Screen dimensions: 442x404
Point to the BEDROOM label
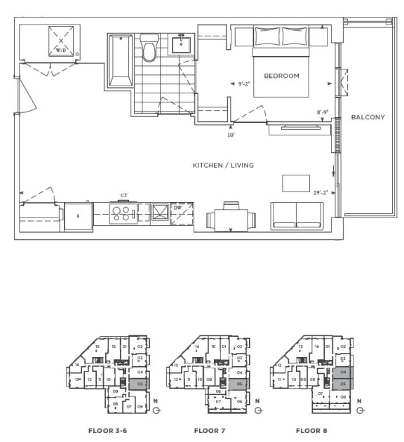(x=281, y=76)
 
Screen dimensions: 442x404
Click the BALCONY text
(x=368, y=117)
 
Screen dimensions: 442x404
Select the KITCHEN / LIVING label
(x=223, y=166)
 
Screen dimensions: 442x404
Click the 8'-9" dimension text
(x=323, y=112)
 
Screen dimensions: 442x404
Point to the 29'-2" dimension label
(x=321, y=191)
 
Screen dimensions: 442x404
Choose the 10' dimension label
(x=230, y=135)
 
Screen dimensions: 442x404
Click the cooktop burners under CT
(x=123, y=213)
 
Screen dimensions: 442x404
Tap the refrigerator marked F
(x=79, y=216)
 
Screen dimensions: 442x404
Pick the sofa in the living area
(x=297, y=215)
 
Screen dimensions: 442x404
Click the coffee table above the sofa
(x=296, y=183)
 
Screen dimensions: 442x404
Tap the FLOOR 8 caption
(x=311, y=430)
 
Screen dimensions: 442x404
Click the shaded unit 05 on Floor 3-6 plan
(x=139, y=384)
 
